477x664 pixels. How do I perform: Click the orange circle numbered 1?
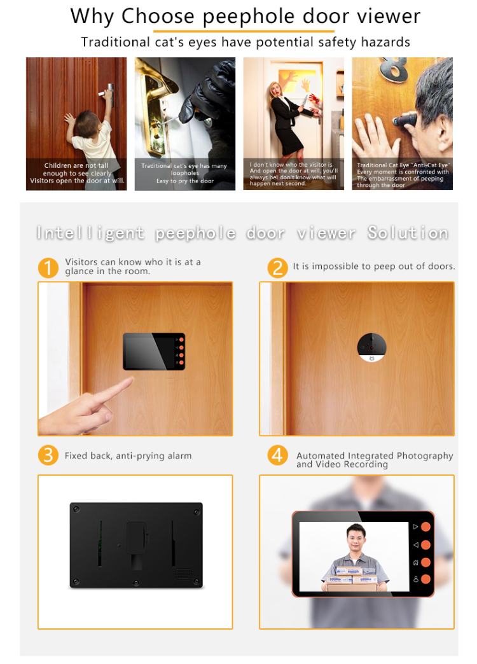(48, 267)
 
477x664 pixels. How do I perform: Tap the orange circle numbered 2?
(277, 267)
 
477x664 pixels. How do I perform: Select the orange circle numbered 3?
(48, 455)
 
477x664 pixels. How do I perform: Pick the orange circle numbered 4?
(277, 455)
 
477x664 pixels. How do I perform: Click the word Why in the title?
(93, 16)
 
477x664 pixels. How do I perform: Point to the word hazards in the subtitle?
(384, 43)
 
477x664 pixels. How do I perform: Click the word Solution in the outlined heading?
(408, 233)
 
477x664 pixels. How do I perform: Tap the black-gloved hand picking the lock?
(190, 105)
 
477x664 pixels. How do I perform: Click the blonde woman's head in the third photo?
(276, 88)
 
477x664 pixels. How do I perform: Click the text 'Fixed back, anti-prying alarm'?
(128, 456)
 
